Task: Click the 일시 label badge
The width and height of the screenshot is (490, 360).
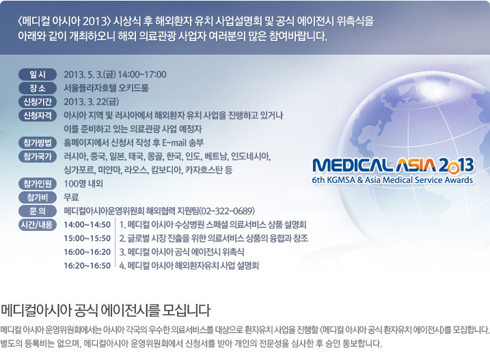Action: (x=38, y=74)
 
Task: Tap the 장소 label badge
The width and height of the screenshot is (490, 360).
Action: (x=38, y=88)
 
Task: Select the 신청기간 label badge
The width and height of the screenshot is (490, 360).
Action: (x=38, y=102)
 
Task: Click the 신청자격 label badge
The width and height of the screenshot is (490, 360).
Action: (x=38, y=115)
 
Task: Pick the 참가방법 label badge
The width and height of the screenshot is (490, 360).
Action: (x=38, y=143)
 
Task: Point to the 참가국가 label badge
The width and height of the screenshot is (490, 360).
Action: (x=38, y=156)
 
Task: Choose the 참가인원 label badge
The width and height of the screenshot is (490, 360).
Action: (x=38, y=184)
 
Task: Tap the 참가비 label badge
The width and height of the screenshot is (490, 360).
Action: (x=38, y=197)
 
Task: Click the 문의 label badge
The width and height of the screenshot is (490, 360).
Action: (x=38, y=211)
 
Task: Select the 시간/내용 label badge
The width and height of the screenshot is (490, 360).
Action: (x=38, y=225)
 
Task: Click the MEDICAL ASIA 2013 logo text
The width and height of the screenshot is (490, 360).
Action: (x=393, y=165)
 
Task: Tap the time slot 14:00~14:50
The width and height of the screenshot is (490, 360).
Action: (x=87, y=225)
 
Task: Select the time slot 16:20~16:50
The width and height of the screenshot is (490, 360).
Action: (x=87, y=266)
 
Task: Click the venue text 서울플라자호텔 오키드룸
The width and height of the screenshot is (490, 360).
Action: (x=106, y=88)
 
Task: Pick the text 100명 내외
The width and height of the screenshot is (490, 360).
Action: (x=83, y=184)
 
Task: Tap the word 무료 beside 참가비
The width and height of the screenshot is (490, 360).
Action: (x=71, y=197)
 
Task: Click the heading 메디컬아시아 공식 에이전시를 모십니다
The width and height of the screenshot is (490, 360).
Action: (x=105, y=310)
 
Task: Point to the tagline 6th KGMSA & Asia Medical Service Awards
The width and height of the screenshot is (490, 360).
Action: (x=392, y=180)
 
